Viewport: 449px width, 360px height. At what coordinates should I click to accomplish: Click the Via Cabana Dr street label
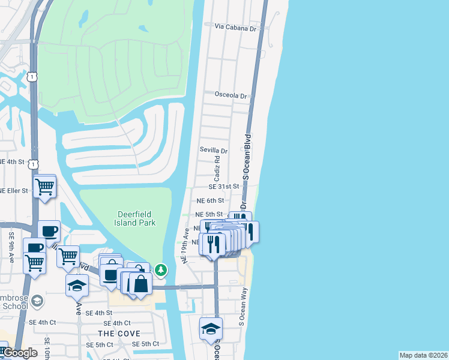237,28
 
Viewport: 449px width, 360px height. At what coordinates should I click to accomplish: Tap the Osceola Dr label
231,95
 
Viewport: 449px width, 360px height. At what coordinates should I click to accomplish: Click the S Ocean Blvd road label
246,155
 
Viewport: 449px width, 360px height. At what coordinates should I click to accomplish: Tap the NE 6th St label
210,200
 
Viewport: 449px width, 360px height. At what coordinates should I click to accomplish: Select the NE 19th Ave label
186,244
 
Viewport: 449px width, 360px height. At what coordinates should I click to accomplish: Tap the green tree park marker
161,270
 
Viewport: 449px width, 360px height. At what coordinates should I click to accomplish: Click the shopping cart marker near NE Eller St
44,187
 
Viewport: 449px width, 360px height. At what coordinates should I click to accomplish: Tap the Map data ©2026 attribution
423,355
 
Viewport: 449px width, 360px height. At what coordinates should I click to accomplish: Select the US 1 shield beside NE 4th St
33,163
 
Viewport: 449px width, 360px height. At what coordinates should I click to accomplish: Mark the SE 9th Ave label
11,248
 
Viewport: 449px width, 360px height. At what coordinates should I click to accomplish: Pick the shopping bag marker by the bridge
141,284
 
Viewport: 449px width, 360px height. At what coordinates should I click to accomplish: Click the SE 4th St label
99,313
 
